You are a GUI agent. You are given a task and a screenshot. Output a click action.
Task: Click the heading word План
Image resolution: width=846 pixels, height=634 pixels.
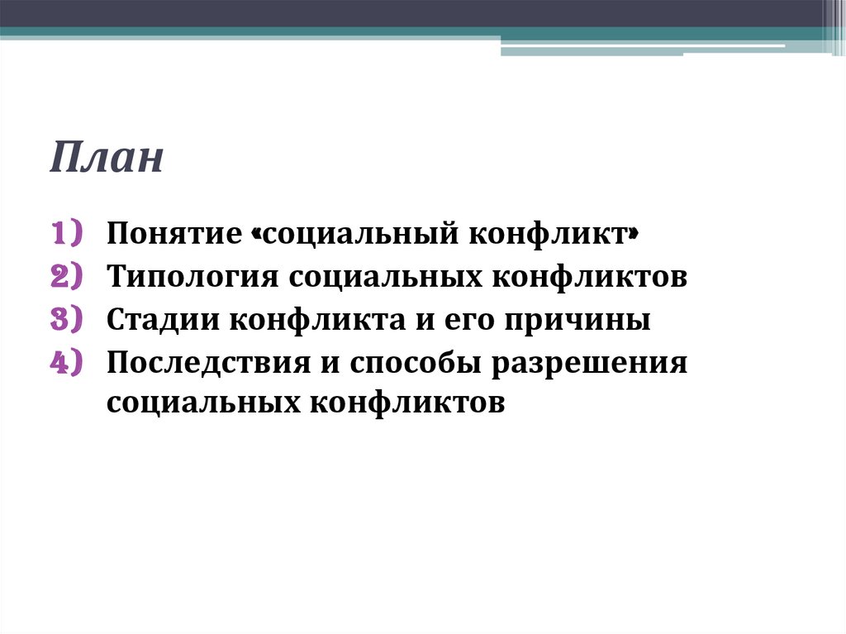(x=107, y=158)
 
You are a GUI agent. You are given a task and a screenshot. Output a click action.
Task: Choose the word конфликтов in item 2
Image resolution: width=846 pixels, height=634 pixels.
(x=590, y=277)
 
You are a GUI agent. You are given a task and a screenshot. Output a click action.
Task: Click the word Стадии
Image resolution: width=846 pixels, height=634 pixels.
(x=162, y=320)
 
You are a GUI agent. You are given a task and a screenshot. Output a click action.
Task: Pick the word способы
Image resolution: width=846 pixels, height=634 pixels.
(x=419, y=364)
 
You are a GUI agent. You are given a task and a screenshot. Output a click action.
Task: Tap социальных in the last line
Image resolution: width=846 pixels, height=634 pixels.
(x=202, y=403)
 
